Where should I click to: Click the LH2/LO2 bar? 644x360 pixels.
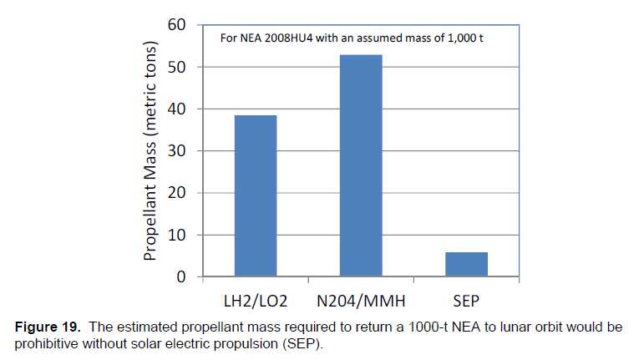pyautogui.click(x=255, y=196)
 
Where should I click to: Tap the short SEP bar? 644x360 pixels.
pyautogui.click(x=466, y=264)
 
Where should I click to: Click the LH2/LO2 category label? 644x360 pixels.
pyautogui.click(x=255, y=298)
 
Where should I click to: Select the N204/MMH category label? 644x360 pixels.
pyautogui.click(x=361, y=298)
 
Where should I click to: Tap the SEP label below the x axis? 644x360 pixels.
pyautogui.click(x=466, y=298)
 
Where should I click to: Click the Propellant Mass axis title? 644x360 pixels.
pyautogui.click(x=150, y=150)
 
